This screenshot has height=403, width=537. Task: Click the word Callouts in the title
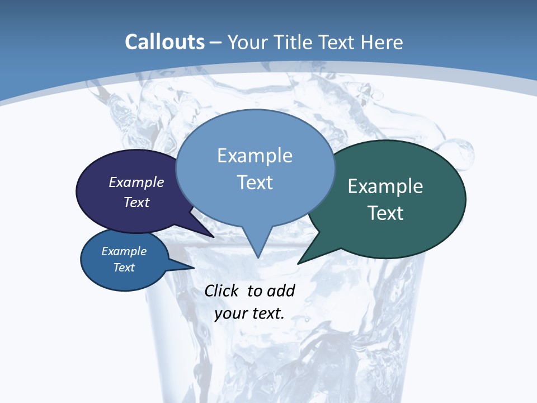(164, 42)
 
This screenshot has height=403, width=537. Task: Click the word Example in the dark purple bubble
(136, 182)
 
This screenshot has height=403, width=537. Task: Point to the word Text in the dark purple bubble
(136, 202)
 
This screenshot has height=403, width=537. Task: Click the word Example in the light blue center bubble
(255, 156)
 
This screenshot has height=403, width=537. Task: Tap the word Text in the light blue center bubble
(255, 182)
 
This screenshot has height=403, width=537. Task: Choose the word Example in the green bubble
(385, 186)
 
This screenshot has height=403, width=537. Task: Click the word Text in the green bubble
(385, 213)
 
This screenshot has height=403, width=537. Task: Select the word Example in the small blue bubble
(124, 251)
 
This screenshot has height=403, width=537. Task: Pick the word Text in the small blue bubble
(124, 268)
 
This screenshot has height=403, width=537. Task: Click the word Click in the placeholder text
(223, 290)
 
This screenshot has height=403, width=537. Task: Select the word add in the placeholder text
(281, 290)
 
